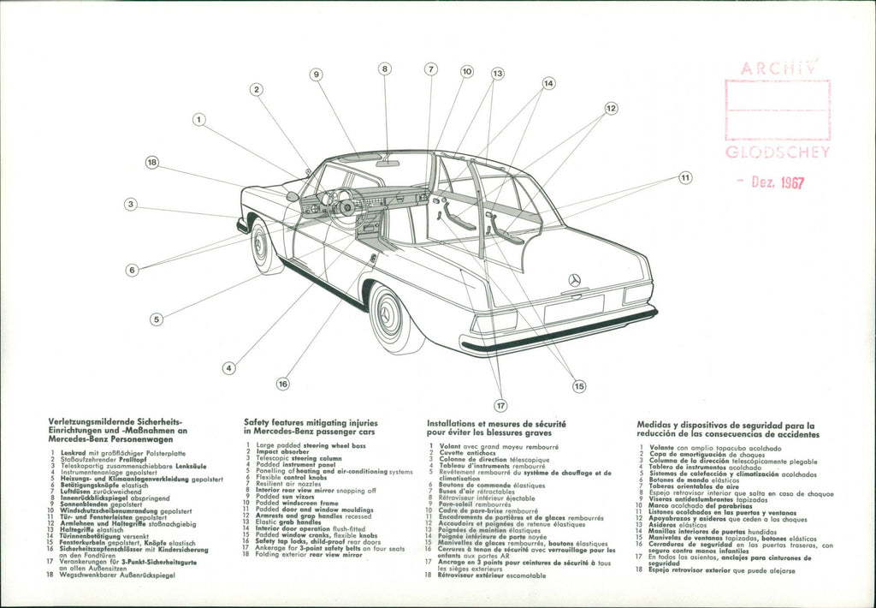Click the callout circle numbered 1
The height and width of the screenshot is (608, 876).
coord(199,120)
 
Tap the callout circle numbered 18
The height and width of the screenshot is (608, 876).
coord(152,162)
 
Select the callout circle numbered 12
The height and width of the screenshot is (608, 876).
coord(611,109)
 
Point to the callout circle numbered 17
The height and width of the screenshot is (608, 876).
coord(500,405)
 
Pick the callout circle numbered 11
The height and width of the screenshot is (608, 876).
coord(685,178)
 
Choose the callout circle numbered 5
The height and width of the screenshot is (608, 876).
coord(156,319)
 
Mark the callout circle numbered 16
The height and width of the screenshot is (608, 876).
coord(282,384)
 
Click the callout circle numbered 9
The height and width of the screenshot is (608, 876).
coord(317,75)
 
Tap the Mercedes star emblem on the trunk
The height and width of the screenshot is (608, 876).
coord(575,281)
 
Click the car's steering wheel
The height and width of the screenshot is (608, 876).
coord(347,206)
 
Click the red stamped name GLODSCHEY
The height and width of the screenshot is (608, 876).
coord(777,152)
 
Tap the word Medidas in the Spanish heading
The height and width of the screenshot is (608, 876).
coord(657,425)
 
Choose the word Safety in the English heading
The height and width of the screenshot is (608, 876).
coord(258,422)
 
